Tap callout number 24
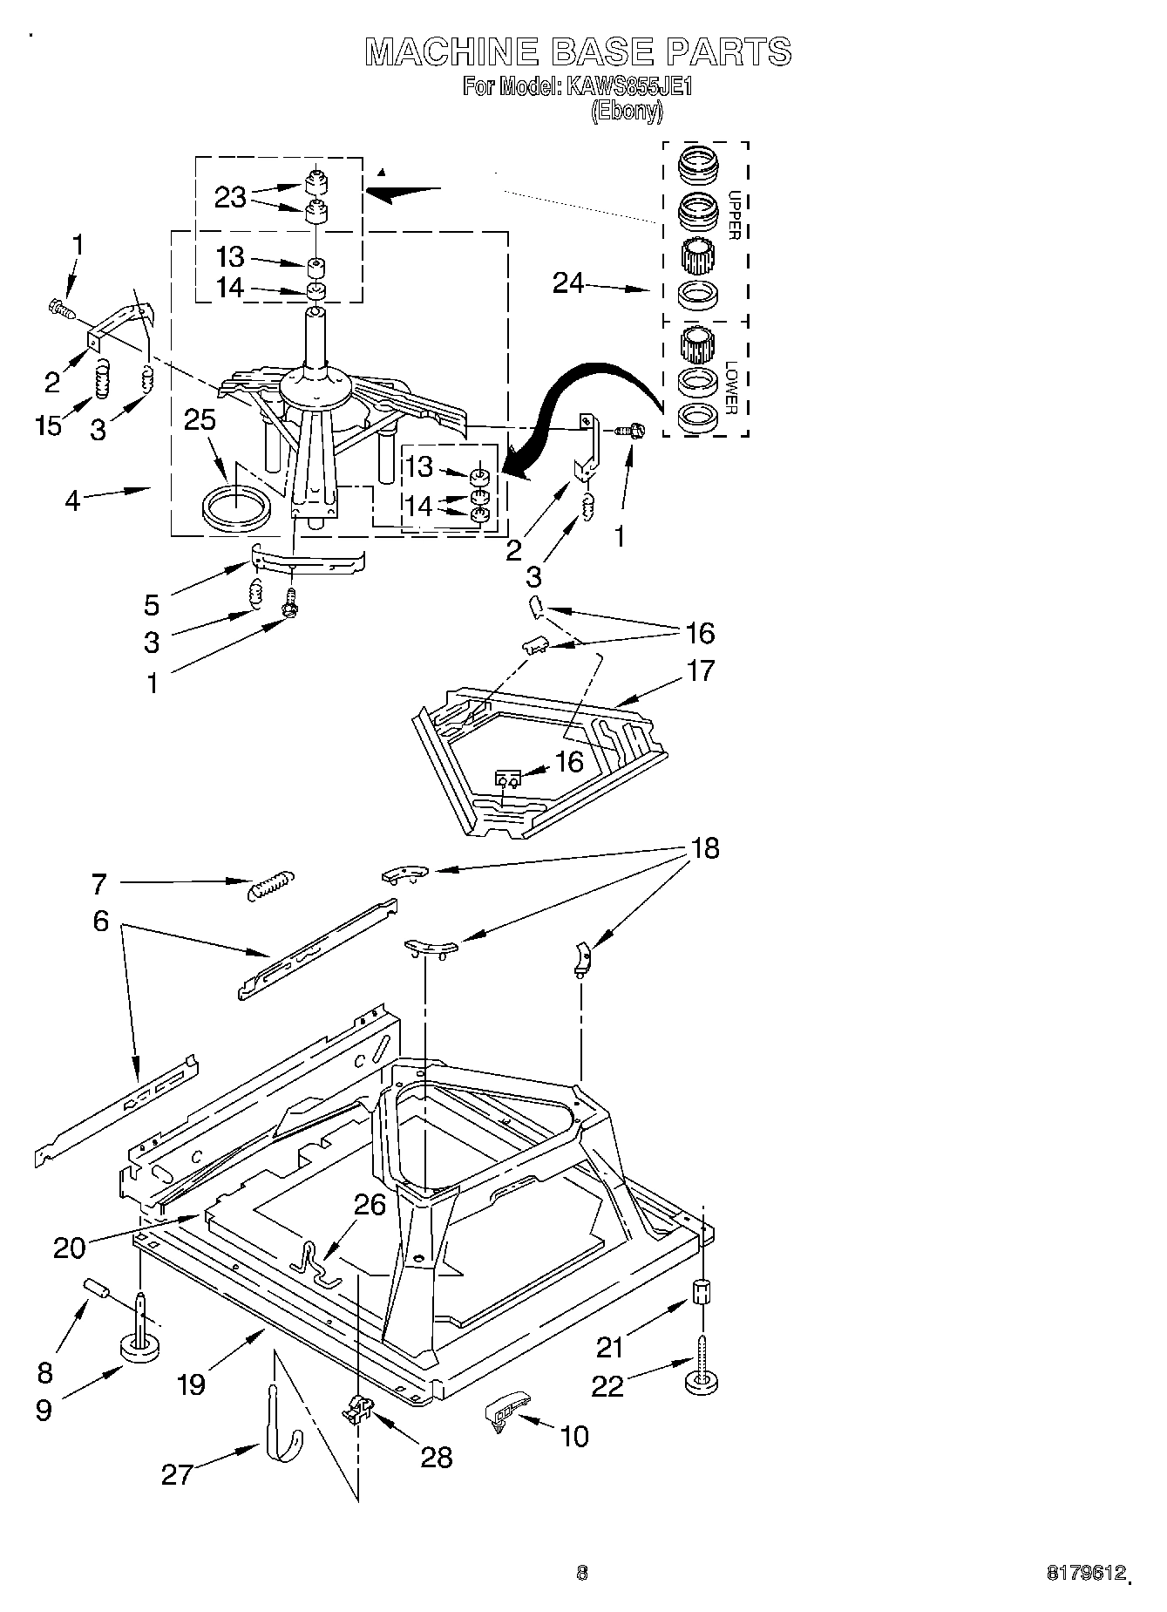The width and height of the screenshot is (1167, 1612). [x=568, y=282]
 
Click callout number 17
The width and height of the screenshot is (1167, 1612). [x=700, y=670]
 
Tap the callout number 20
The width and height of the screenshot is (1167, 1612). [x=70, y=1248]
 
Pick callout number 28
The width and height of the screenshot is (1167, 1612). [x=436, y=1457]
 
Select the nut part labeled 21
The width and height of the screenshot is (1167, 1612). [x=702, y=1290]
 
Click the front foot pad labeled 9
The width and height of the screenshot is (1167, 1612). [x=139, y=1350]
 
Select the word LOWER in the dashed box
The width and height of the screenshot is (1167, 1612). [x=732, y=388]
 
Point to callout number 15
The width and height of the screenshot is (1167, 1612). [x=49, y=425]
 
